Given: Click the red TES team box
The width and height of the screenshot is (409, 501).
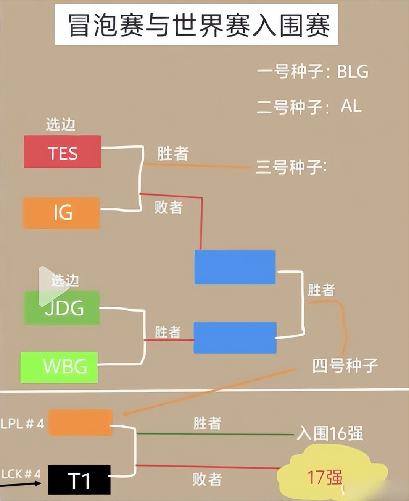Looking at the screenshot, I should tap(63, 152).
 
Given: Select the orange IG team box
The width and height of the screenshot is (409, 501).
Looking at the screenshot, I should tap(61, 213).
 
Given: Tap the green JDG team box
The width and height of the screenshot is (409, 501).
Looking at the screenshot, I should tap(62, 308).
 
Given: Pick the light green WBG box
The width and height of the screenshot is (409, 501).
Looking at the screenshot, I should tap(59, 367).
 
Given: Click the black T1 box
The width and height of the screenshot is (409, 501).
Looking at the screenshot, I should tap(79, 480).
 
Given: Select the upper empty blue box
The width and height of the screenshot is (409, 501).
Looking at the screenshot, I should tap(235, 267).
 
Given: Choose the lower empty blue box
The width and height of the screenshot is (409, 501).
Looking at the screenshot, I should tap(235, 338).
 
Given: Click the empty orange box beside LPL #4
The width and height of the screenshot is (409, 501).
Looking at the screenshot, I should tap(80, 422).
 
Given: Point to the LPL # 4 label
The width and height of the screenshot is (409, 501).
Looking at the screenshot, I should tap(22, 423).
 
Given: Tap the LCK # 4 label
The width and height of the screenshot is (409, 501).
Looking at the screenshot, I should tap(21, 474).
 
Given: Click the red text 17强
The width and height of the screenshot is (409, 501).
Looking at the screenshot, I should tap(325, 477).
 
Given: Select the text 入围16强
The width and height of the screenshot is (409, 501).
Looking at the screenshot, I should tap(330, 433).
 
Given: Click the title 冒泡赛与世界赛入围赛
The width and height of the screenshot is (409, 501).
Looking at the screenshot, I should tap(199, 25).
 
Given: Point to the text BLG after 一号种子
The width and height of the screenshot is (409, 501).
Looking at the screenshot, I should tap(352, 71).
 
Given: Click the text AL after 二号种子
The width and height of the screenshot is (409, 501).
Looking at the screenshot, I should tap(351, 106).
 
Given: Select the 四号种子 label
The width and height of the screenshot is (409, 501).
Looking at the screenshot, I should tap(345, 365).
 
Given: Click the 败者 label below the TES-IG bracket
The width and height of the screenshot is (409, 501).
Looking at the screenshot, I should tap(168, 207).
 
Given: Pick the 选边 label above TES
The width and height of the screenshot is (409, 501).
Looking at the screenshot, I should tap(61, 124).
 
